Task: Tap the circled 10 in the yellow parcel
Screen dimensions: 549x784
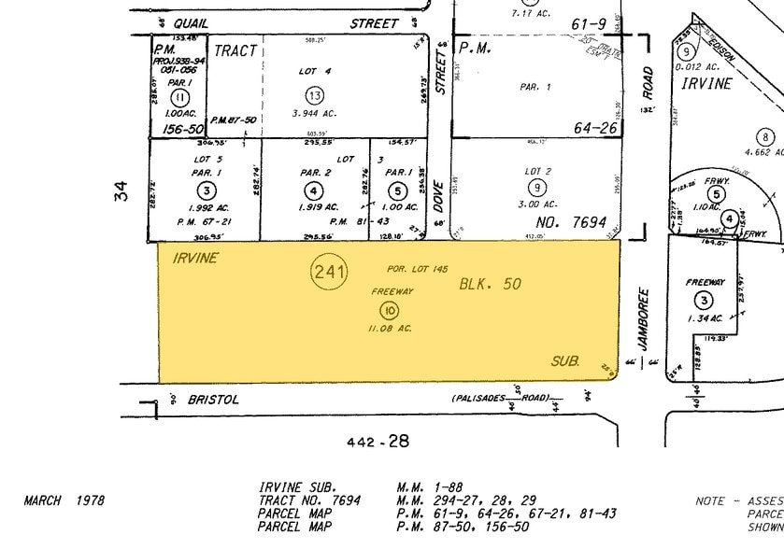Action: click(391, 310)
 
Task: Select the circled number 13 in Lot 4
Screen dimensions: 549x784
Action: click(314, 94)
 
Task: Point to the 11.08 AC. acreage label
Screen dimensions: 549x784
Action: click(391, 329)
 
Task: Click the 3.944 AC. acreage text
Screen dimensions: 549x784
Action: click(315, 114)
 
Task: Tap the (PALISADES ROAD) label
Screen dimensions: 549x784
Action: click(502, 398)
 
